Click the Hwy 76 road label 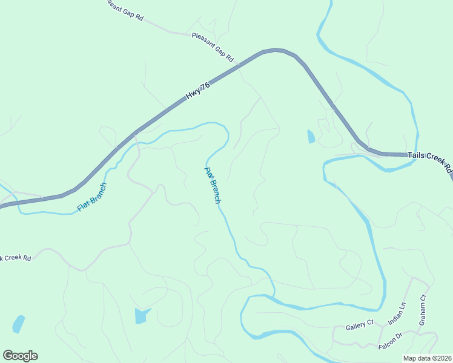(198, 91)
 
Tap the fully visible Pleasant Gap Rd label (212, 47)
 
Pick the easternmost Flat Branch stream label (212, 185)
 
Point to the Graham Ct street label (423, 309)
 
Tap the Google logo (20, 356)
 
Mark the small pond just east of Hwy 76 (311, 137)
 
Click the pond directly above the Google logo (18, 324)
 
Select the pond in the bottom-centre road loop (142, 315)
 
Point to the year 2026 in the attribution (442, 358)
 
